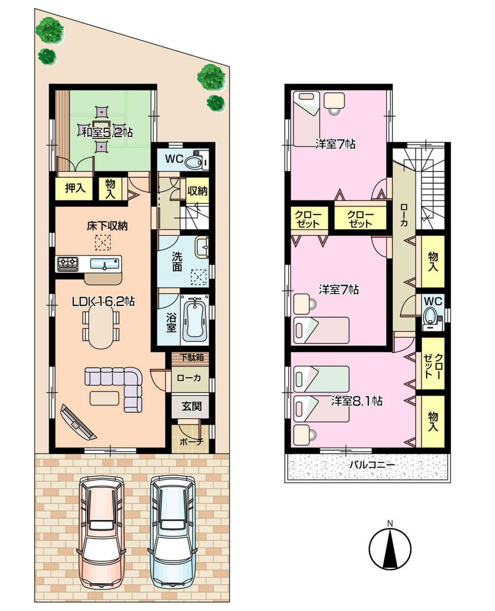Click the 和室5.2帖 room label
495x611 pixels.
[107, 132]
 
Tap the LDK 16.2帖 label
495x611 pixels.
[104, 301]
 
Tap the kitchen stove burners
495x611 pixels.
[67, 264]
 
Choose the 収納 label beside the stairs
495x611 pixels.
[197, 191]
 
